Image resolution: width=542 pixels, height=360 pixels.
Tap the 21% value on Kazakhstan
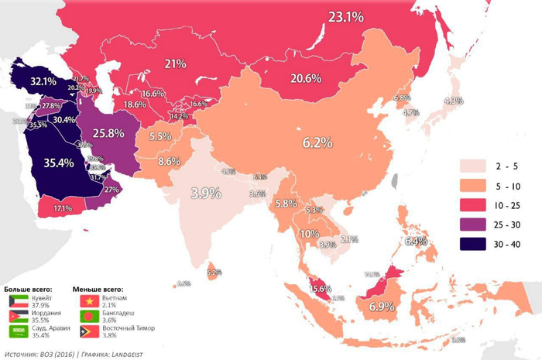pyautogui.click(x=173, y=63)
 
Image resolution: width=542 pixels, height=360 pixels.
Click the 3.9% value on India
pyautogui.click(x=206, y=193)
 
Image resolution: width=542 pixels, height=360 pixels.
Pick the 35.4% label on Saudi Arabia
pyautogui.click(x=59, y=163)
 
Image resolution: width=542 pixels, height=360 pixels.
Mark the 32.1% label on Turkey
pyautogui.click(x=44, y=81)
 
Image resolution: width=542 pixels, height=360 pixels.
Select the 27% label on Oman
pyautogui.click(x=111, y=189)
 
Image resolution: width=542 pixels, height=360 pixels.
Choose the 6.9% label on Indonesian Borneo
pyautogui.click(x=382, y=307)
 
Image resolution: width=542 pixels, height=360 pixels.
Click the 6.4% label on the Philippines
pyautogui.click(x=416, y=242)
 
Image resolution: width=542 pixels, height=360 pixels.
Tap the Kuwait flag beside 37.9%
pyautogui.click(x=18, y=300)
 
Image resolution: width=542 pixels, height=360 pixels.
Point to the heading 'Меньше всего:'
pyautogui.click(x=98, y=287)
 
